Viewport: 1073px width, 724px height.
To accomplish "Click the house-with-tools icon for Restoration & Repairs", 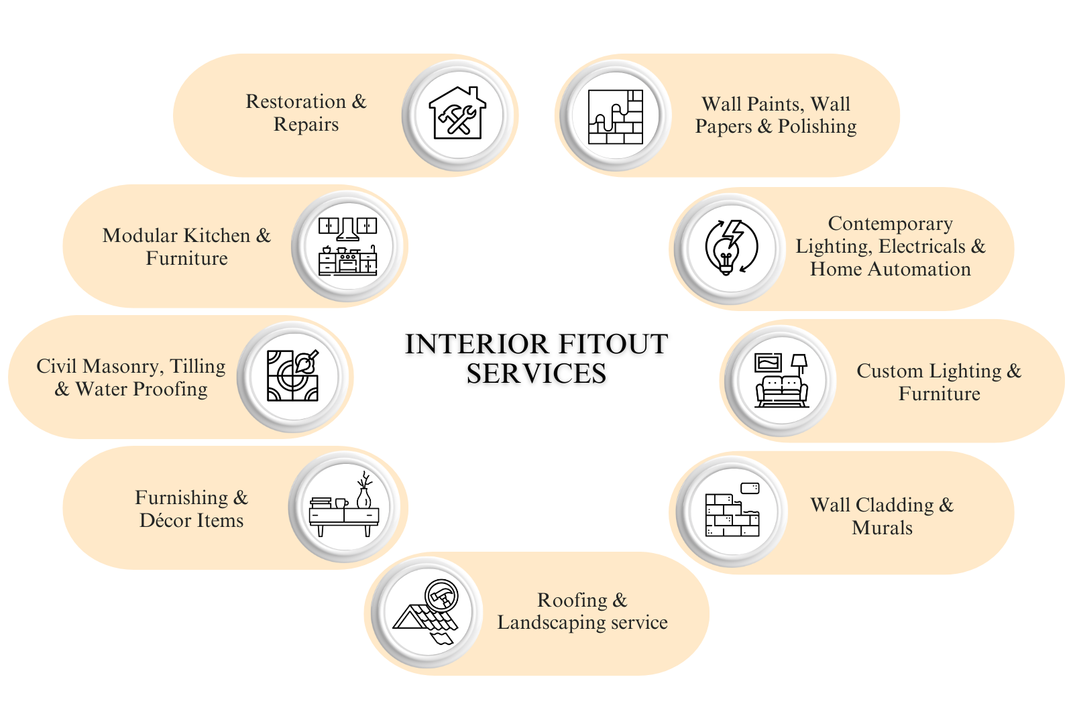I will click(458, 113).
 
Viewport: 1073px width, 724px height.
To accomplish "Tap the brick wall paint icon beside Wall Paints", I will click(615, 116).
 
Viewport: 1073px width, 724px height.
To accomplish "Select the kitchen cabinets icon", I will click(347, 246).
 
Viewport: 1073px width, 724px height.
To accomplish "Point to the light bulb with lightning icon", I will click(730, 247).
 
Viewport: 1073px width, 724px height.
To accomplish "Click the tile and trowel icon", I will click(293, 376).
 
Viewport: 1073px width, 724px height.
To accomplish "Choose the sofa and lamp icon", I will click(781, 380).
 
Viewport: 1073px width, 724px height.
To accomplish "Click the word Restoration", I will click(296, 101).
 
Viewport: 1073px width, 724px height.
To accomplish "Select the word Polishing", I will click(817, 126).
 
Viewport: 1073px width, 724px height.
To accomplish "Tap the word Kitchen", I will click(217, 235).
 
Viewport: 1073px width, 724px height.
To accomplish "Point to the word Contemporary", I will click(890, 223).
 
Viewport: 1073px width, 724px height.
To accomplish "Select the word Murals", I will click(882, 528).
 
